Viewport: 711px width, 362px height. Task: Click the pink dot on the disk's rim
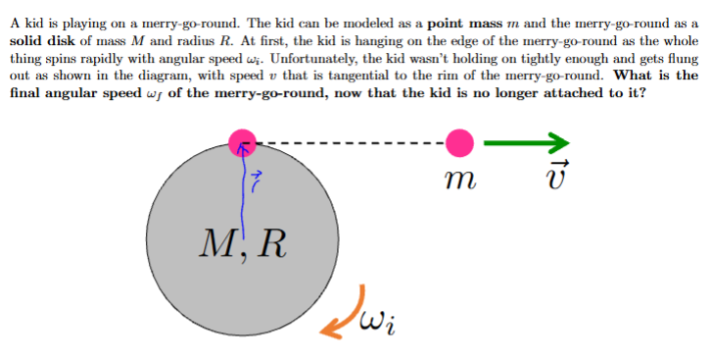tap(243, 143)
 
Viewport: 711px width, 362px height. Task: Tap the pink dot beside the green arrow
tap(458, 143)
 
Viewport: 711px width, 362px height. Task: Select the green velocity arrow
tap(527, 143)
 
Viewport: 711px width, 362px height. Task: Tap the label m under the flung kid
tap(459, 181)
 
